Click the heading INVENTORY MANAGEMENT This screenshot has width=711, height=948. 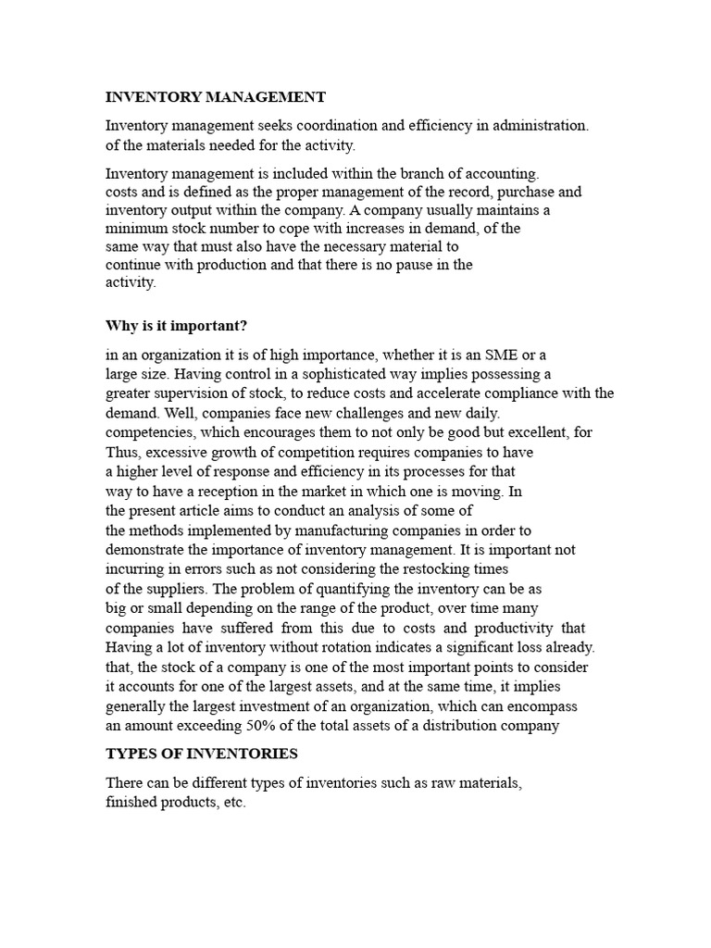216,97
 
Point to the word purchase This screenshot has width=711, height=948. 525,192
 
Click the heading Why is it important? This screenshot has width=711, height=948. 177,326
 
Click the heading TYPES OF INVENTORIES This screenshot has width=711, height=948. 202,754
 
